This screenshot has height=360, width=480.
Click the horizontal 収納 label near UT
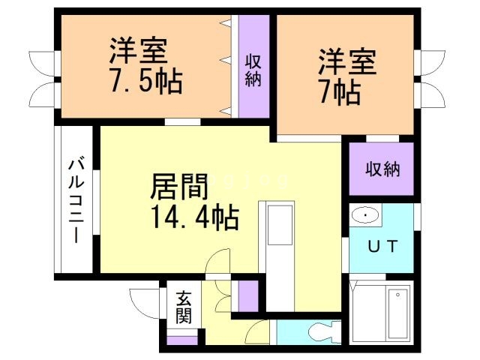382,169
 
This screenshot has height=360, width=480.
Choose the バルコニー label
76,199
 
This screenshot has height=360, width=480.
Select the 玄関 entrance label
184,307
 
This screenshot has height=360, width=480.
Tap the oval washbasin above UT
365,216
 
